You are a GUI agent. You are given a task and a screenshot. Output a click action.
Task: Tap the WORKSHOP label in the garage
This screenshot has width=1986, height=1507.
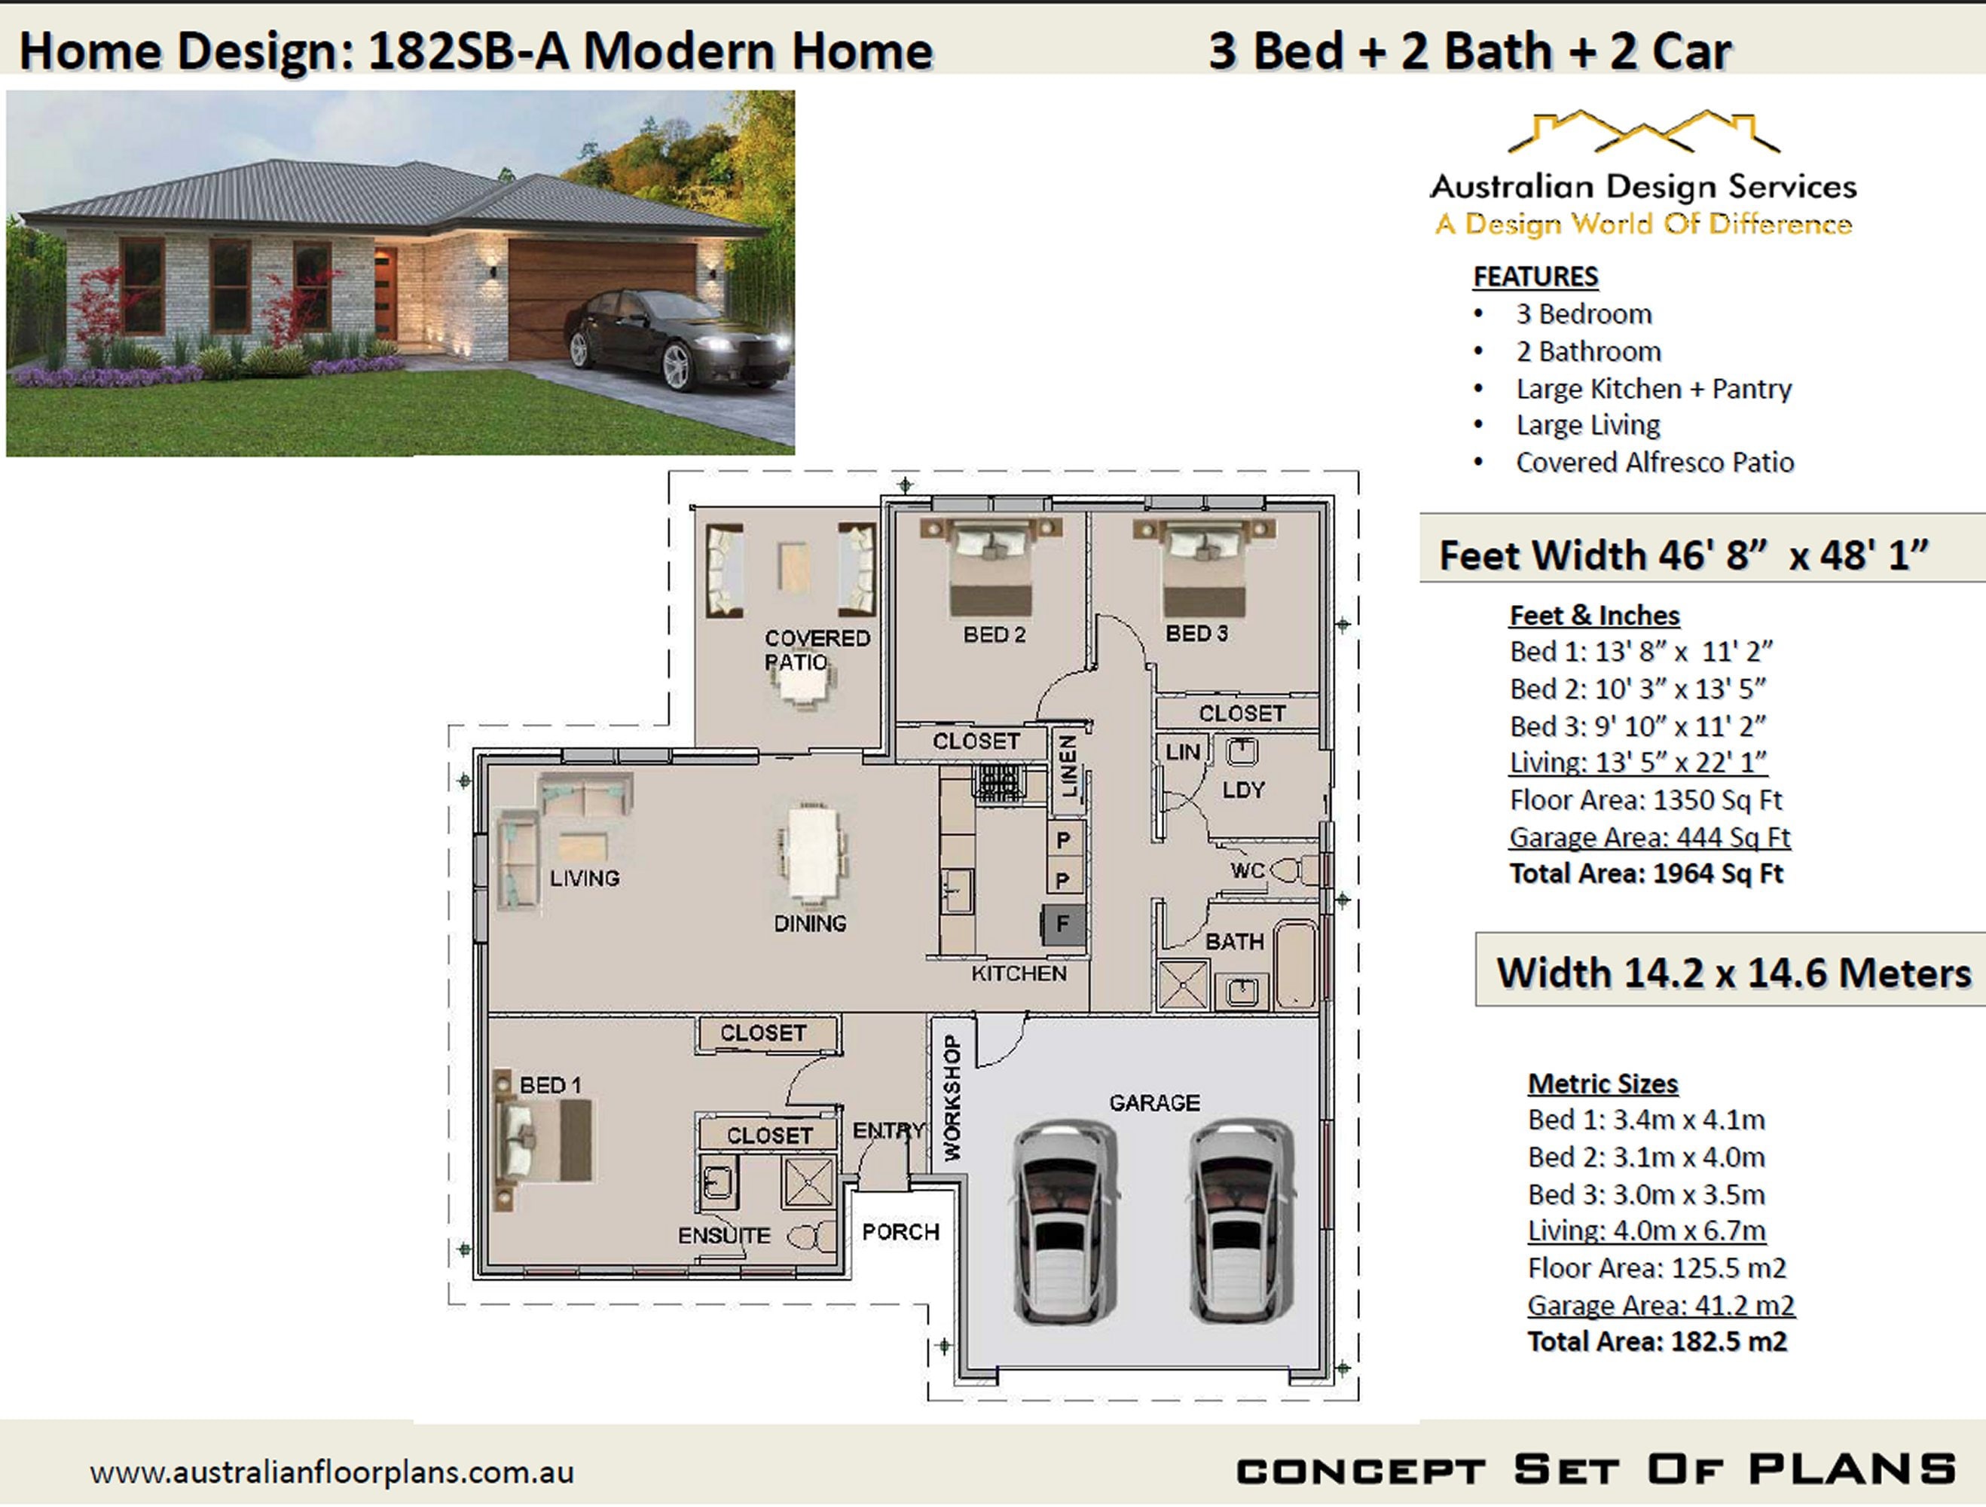[x=952, y=1097]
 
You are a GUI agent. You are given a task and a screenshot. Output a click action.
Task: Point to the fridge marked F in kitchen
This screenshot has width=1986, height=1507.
[x=1063, y=923]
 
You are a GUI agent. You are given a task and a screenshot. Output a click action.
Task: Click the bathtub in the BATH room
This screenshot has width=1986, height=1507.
[x=1294, y=964]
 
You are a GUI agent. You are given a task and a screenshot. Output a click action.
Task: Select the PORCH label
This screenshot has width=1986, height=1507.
[x=900, y=1231]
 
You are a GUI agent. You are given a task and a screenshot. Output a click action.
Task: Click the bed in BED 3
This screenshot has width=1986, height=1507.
[x=1204, y=570]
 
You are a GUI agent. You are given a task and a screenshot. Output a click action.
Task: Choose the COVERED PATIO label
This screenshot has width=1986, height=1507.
[x=816, y=650]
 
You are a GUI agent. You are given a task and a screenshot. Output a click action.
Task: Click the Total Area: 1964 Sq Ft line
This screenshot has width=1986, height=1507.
[x=1645, y=874]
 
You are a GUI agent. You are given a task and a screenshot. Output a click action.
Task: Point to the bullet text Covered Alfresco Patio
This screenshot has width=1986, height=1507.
[x=1654, y=463]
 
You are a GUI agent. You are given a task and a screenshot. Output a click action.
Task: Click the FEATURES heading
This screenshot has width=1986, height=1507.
[x=1535, y=277]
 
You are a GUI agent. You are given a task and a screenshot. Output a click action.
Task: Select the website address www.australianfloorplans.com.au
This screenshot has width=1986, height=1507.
[x=332, y=1472]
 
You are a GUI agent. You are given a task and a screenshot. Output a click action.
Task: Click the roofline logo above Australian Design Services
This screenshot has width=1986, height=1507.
[x=1642, y=132]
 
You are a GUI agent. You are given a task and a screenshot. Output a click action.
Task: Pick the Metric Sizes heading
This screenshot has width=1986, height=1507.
[x=1603, y=1084]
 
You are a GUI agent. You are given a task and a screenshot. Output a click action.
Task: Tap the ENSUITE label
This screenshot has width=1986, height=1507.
[x=723, y=1236]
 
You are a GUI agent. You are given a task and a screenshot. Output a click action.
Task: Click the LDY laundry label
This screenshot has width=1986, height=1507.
[x=1242, y=790]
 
